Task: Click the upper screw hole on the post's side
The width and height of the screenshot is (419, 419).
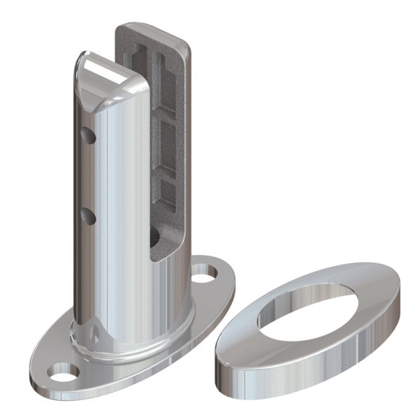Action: click(87, 133)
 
